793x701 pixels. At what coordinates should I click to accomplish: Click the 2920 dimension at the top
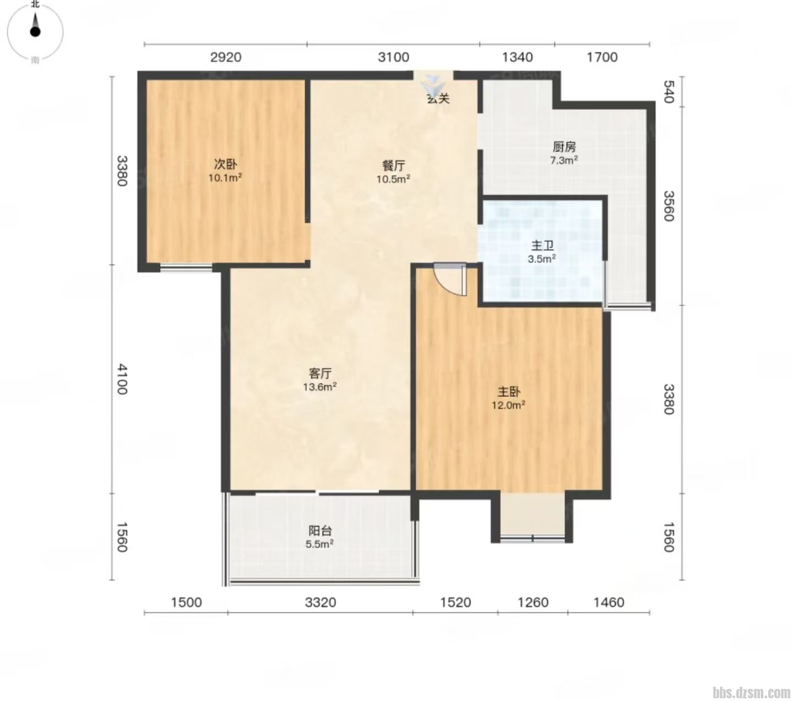225,58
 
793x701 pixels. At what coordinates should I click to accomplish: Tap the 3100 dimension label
393,58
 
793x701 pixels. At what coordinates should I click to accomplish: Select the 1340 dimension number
517,58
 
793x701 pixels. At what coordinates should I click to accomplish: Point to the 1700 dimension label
602,58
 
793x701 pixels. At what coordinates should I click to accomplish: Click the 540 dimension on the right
669,91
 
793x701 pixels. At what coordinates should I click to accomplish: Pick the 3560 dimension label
669,206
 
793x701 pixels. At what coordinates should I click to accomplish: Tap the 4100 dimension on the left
122,379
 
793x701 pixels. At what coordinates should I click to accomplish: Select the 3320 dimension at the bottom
321,603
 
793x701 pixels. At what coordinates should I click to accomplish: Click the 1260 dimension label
533,603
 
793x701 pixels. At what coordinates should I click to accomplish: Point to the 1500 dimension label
186,603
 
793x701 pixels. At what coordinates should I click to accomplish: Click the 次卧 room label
225,165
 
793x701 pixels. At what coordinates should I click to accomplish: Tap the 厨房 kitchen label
564,147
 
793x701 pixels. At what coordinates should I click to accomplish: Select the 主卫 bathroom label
542,245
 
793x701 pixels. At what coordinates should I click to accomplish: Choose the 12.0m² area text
508,405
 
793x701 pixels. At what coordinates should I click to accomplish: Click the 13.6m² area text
320,387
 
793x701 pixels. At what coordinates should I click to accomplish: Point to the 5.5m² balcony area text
320,544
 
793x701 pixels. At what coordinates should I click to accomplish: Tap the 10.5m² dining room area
393,179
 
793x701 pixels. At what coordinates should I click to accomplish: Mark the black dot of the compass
35,32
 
